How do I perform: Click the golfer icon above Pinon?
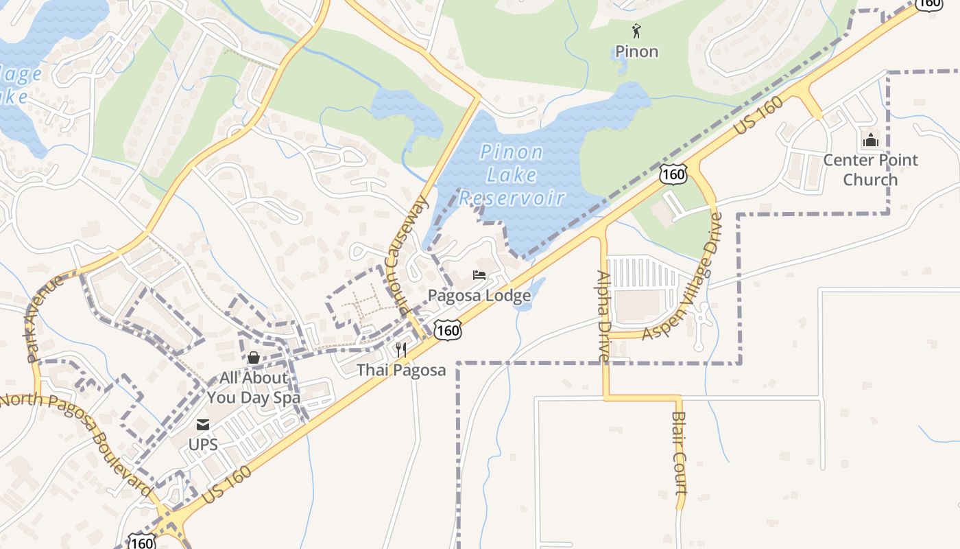[636, 31]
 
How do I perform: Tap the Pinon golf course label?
[636, 51]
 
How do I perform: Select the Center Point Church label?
[870, 170]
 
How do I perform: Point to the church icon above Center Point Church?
[870, 141]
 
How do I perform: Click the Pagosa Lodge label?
[479, 296]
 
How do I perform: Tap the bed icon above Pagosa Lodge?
[479, 276]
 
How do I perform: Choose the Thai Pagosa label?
[401, 370]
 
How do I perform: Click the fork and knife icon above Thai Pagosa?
[401, 350]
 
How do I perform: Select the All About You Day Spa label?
[253, 388]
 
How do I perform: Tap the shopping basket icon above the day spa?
[253, 358]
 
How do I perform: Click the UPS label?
[203, 444]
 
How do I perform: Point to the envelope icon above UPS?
[203, 425]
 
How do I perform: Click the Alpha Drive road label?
[603, 316]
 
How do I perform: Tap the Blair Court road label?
[679, 453]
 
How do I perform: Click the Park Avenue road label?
[45, 318]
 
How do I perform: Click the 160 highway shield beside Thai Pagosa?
[448, 331]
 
